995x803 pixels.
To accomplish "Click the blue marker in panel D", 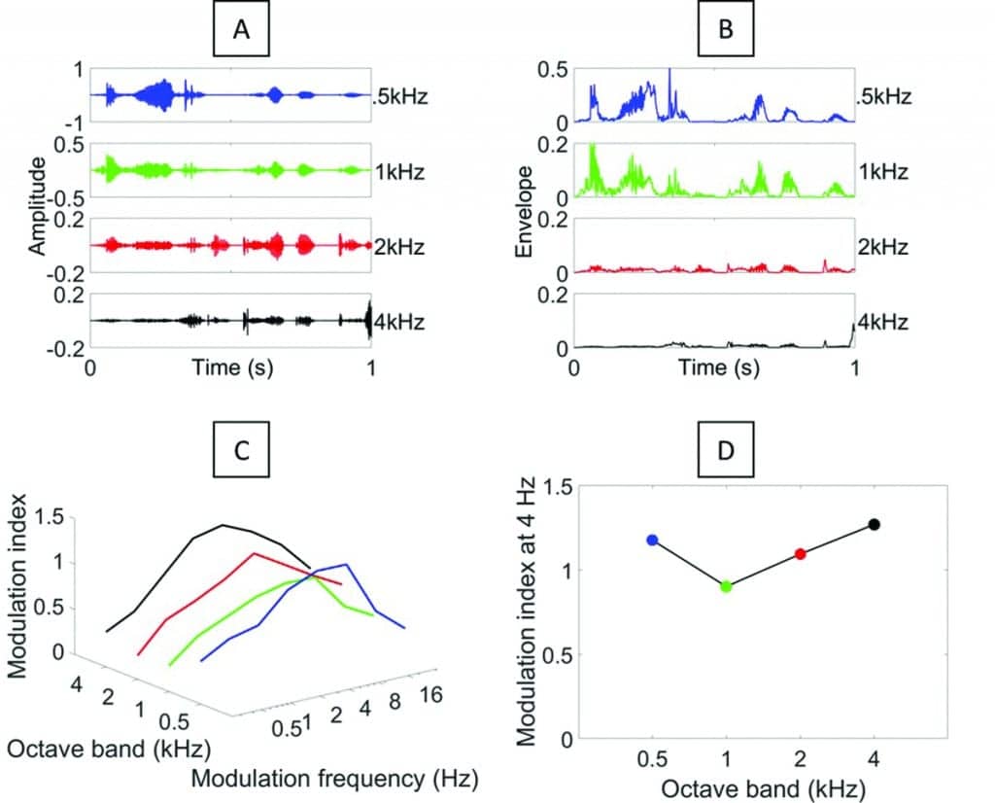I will point(653,540).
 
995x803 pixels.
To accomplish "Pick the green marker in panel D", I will point(726,586).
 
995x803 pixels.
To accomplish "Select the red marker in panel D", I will point(800,553).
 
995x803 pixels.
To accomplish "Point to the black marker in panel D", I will point(874,525).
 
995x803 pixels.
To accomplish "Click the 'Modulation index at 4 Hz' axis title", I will point(528,612).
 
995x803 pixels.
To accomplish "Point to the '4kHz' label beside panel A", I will point(400,321).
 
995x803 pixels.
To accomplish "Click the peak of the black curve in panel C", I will point(223,525).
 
